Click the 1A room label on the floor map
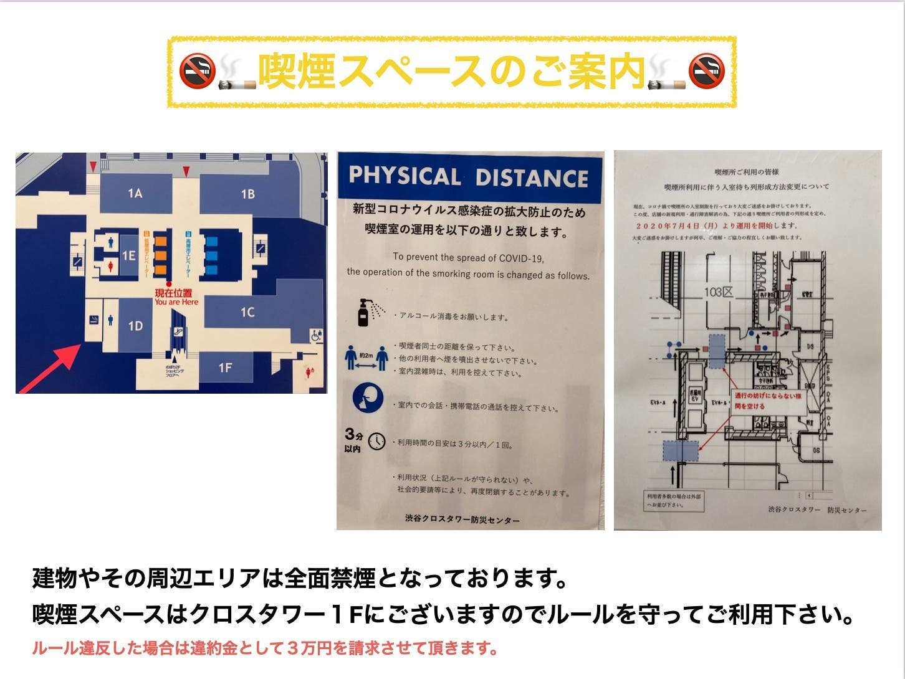tap(135, 193)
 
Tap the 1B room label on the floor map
tap(247, 194)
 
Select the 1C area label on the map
tap(247, 311)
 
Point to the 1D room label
tap(135, 326)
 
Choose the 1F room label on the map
tap(225, 368)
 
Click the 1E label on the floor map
tap(128, 255)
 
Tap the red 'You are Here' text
tap(176, 302)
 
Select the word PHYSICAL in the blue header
tap(405, 176)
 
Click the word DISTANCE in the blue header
tap(532, 178)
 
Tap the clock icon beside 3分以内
tap(376, 442)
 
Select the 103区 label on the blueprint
tap(719, 292)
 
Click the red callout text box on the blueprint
tap(768, 401)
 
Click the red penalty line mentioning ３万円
tap(265, 648)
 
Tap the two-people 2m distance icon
tap(366, 359)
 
